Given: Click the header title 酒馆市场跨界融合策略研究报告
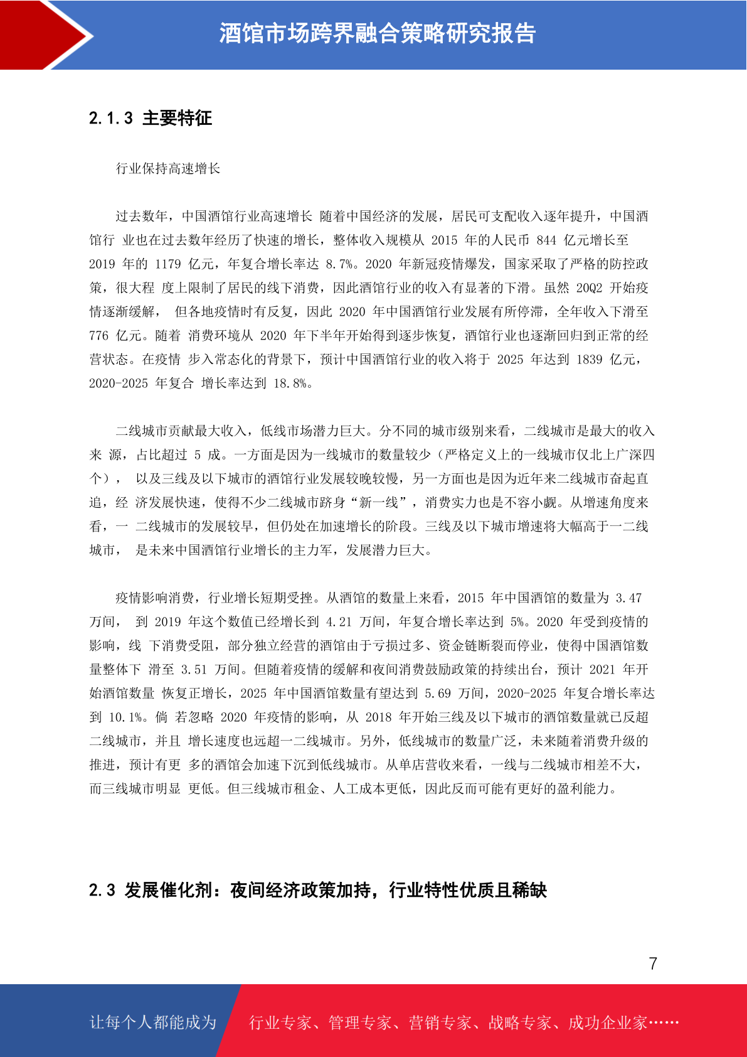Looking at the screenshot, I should coord(377,33).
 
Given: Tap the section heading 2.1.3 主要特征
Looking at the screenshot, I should coord(151,118).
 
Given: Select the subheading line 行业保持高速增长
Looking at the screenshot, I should coord(168,168).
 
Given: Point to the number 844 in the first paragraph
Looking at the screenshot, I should coord(546,240).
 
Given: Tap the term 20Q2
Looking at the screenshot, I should coord(589,288).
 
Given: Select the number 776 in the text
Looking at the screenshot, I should coord(99,336).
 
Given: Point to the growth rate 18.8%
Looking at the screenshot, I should coord(290,384).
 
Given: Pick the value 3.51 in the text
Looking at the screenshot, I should coord(194,670).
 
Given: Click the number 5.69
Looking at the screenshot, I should coord(438,694).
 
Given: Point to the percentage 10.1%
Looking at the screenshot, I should coord(125,717).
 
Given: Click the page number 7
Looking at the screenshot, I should coord(653,963).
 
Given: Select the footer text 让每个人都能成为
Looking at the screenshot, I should coord(153,1022).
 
